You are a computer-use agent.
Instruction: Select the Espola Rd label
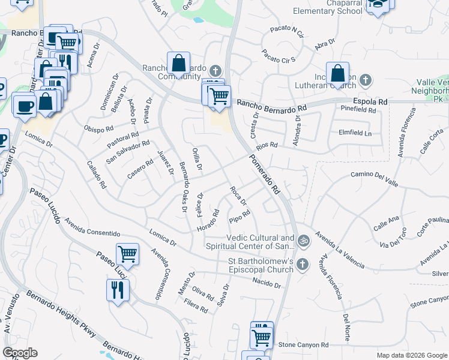[370, 101]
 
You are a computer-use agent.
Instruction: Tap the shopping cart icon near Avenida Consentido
[127, 254]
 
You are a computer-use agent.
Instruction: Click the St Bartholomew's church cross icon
[303, 264]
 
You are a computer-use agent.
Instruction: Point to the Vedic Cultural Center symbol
[304, 241]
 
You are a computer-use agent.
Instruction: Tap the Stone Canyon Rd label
[304, 345]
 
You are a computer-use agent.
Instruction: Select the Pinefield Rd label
[358, 110]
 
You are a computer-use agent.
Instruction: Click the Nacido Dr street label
[267, 281]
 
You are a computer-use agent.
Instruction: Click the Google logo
[20, 353]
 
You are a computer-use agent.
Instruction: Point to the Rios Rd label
[267, 145]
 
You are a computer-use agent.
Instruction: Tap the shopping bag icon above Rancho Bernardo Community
[178, 62]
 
